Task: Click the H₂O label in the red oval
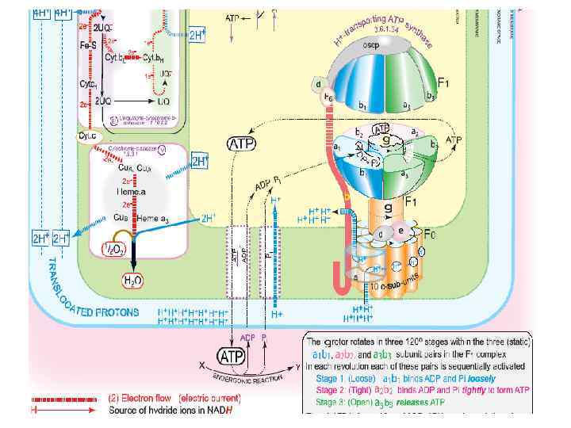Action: point(132,280)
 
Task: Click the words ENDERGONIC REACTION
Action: point(253,379)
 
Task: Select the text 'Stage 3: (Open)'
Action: point(352,401)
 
